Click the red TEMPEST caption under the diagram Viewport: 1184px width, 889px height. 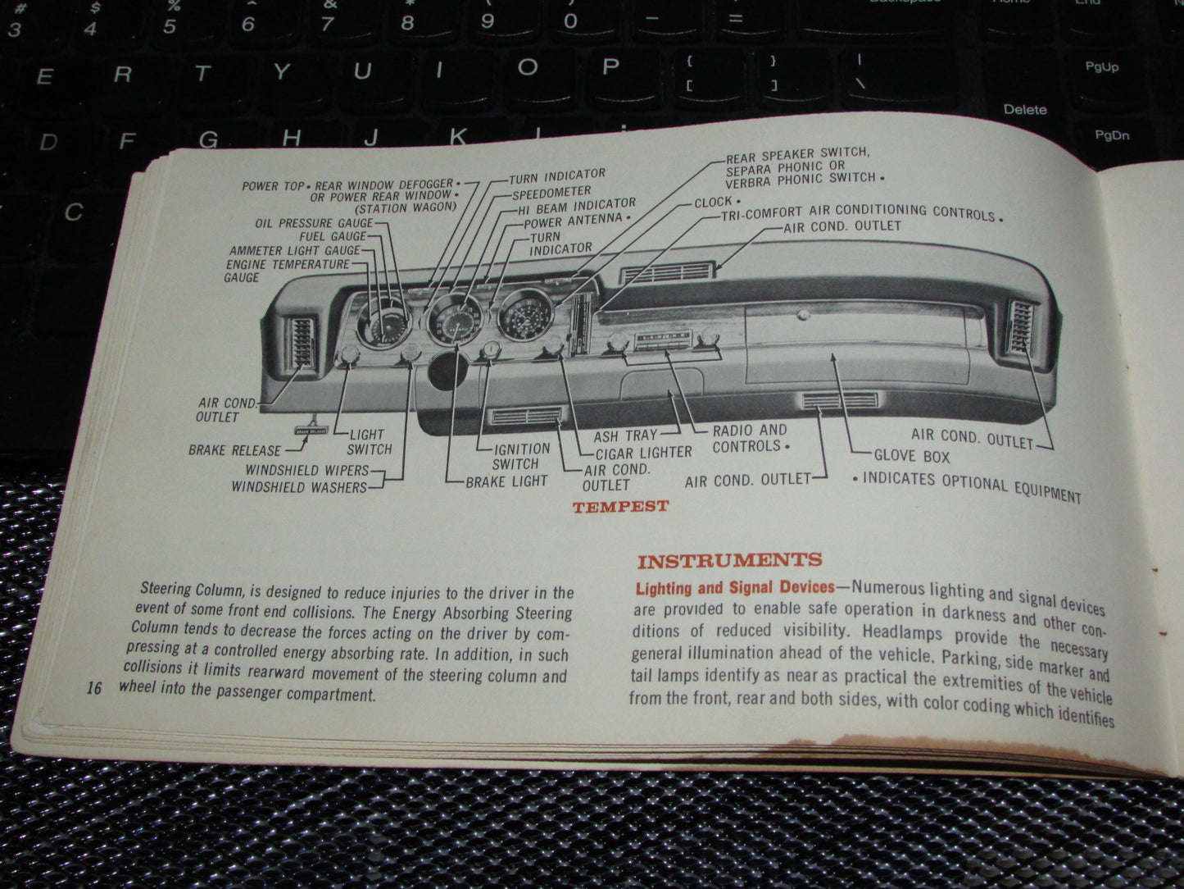pyautogui.click(x=620, y=507)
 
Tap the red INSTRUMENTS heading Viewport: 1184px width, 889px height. pyautogui.click(x=729, y=561)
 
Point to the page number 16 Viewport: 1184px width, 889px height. pyautogui.click(x=94, y=688)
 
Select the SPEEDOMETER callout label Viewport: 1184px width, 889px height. pyautogui.click(x=551, y=193)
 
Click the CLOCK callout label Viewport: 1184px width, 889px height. pyautogui.click(x=714, y=201)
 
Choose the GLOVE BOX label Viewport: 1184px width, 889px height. pyautogui.click(x=911, y=456)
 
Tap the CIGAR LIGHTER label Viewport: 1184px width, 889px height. pyautogui.click(x=643, y=452)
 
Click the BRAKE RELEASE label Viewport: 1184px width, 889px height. pyautogui.click(x=234, y=450)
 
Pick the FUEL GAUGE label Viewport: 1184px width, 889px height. pyautogui.click(x=333, y=236)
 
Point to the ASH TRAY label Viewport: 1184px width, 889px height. pyautogui.click(x=625, y=435)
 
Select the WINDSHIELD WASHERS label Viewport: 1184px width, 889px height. pyautogui.click(x=299, y=487)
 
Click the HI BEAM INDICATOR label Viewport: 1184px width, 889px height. pyautogui.click(x=577, y=206)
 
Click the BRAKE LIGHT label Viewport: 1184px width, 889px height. pyautogui.click(x=506, y=481)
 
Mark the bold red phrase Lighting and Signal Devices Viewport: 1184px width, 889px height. pyautogui.click(x=735, y=587)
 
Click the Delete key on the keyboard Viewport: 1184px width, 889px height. pyautogui.click(x=1025, y=109)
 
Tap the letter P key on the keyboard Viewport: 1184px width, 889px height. pyautogui.click(x=610, y=67)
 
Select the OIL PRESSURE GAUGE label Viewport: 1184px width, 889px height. pyautogui.click(x=314, y=222)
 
